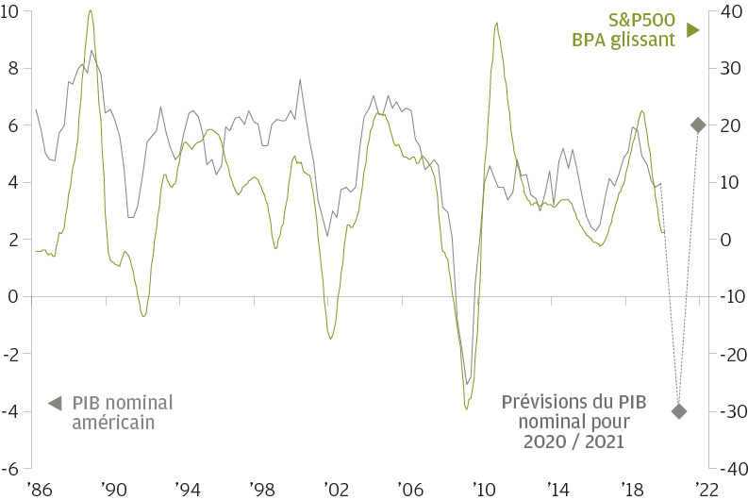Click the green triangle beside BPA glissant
pos(692,31)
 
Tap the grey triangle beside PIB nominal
pos(56,403)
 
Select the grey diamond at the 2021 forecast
pos(698,125)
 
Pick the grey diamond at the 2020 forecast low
pos(678,410)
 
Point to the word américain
pos(113,423)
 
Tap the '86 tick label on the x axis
pos(40,489)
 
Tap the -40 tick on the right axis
pos(728,468)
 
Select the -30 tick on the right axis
pos(728,411)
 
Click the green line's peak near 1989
pos(90,11)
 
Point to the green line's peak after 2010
pos(496,23)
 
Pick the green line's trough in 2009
pos(466,408)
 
